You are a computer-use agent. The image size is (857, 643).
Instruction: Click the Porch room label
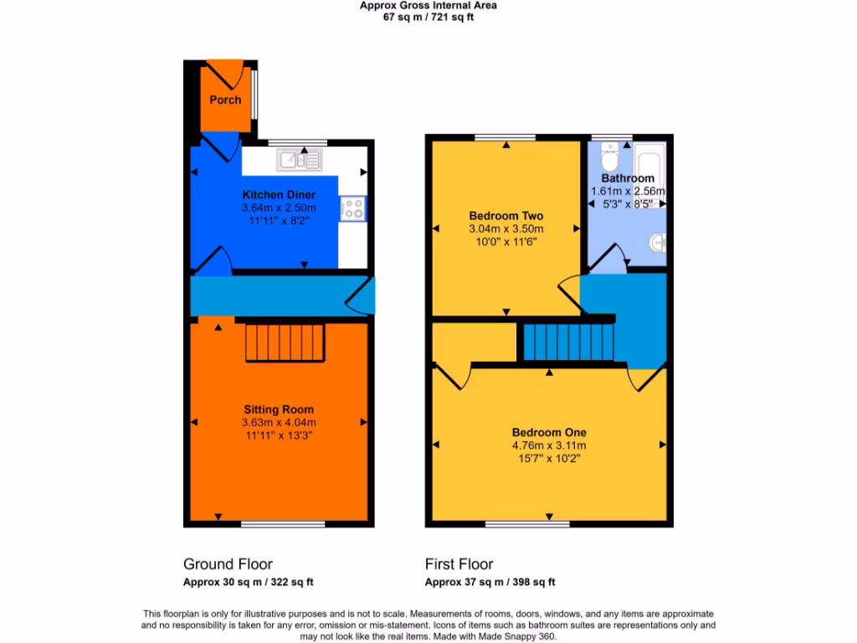(225, 100)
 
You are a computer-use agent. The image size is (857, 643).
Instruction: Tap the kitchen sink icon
(300, 158)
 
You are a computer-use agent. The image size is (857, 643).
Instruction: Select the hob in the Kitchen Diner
(353, 208)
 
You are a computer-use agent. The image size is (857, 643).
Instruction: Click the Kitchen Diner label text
(279, 195)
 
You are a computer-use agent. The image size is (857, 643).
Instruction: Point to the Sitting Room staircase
(285, 343)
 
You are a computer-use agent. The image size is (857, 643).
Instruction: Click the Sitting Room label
(279, 409)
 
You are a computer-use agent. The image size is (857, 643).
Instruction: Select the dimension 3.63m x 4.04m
(279, 423)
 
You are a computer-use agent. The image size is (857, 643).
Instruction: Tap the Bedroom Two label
(505, 215)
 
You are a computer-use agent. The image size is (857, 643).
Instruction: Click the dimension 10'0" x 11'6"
(505, 242)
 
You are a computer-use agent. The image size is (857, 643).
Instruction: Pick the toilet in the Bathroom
(611, 158)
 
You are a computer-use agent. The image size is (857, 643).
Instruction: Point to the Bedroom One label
(549, 432)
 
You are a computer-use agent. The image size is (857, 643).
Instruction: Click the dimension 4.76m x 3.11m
(549, 445)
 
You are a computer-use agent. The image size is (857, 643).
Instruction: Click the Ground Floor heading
(228, 564)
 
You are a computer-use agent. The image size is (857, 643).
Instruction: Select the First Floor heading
(459, 564)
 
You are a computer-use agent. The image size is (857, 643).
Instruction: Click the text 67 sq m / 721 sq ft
(428, 17)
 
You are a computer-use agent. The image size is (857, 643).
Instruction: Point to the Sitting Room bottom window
(283, 524)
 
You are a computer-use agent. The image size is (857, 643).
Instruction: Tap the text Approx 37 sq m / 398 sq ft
(490, 583)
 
